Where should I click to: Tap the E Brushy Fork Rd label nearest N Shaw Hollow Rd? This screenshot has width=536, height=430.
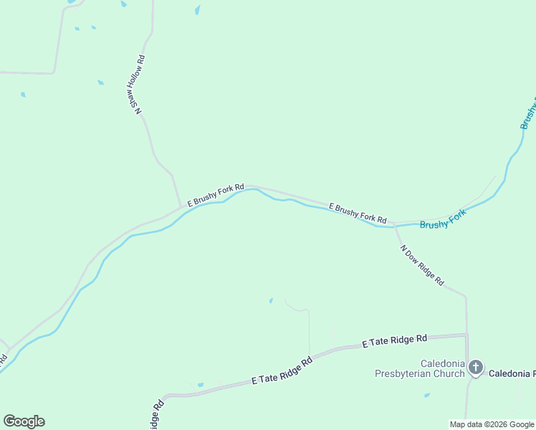[x=216, y=193]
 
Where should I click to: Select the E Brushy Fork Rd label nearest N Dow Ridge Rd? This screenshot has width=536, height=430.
[x=358, y=214]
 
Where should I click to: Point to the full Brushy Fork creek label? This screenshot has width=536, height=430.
[x=443, y=219]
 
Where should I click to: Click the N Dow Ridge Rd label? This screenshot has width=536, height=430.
[x=422, y=266]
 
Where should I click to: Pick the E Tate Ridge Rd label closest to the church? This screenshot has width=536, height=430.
[x=394, y=341]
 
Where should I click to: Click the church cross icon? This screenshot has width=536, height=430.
[x=477, y=368]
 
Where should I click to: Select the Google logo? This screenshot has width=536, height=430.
[x=24, y=421]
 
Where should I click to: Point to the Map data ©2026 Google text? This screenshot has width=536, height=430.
[x=492, y=424]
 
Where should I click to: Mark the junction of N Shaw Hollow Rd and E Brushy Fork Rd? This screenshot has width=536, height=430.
[x=181, y=206]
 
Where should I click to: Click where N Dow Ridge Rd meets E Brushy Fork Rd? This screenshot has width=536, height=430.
[x=394, y=223]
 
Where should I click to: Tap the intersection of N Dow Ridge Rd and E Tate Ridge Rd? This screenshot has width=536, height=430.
[x=466, y=334]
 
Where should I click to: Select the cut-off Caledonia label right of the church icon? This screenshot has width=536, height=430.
[x=512, y=373]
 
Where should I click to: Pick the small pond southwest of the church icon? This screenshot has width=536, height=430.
[x=427, y=395]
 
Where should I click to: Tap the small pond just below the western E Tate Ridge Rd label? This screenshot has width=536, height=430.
[x=201, y=385]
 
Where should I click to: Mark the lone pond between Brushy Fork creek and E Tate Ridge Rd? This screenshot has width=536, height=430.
[x=271, y=300]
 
